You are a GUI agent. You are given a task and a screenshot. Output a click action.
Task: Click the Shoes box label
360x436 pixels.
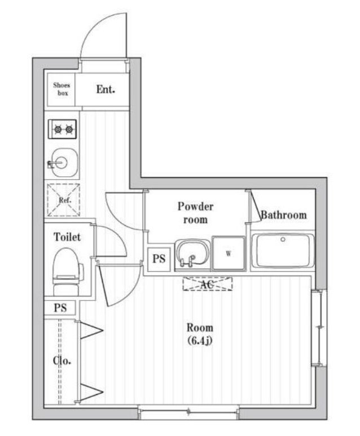point(62,89)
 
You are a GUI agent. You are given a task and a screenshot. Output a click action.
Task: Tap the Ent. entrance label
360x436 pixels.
point(106,89)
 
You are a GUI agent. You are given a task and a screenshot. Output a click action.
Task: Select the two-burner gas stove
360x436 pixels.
point(62,129)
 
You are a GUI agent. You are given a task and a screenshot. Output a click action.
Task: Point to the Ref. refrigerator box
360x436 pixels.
point(64,200)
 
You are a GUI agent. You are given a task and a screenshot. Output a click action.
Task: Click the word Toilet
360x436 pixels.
point(67,237)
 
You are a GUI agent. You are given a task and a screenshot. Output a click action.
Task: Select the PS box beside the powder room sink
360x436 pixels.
point(159,259)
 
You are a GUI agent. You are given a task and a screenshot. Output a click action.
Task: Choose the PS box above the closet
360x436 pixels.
point(60,308)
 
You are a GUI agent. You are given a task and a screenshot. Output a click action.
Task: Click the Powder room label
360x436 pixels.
point(196,213)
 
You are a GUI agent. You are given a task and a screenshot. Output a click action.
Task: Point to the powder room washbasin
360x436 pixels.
point(192,254)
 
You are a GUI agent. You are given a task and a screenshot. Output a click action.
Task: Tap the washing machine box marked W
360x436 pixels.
point(229,254)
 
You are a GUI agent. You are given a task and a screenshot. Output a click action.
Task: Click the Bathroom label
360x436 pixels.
point(284,215)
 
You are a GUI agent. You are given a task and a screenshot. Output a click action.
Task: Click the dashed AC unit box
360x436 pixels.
point(207,284)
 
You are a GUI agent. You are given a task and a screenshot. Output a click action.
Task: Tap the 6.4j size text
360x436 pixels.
point(200,341)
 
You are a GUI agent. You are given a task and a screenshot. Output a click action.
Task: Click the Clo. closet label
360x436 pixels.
point(62,361)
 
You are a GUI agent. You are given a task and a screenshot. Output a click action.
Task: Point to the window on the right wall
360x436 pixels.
point(319,328)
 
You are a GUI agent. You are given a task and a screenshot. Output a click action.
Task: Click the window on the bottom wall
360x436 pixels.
point(188,412)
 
